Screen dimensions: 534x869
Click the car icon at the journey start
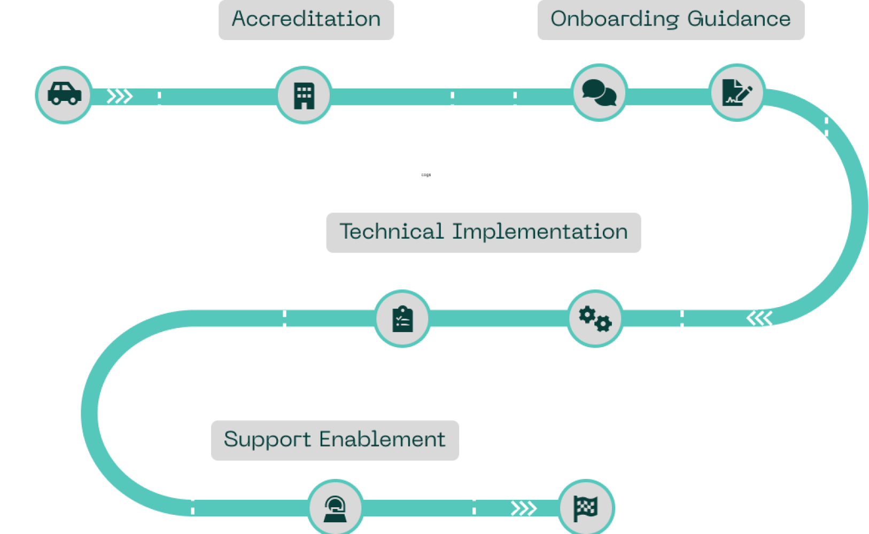(x=64, y=95)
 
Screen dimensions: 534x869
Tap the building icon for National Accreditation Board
(x=304, y=95)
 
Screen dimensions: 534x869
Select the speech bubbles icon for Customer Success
(x=599, y=93)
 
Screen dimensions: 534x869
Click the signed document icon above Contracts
(x=737, y=92)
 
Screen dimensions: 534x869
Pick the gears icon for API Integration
(x=595, y=318)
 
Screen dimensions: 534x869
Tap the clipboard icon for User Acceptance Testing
(x=402, y=319)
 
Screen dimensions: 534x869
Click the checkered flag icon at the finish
(x=586, y=507)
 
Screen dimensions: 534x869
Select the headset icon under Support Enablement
(x=336, y=507)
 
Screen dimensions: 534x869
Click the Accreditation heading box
(x=306, y=19)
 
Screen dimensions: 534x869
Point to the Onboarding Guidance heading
(x=671, y=19)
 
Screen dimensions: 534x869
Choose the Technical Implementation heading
(x=484, y=232)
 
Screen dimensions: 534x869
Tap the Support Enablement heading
(x=335, y=440)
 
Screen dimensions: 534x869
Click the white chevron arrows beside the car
(x=120, y=96)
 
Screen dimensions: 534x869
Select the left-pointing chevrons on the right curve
(x=759, y=318)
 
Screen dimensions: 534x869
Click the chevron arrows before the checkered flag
(x=524, y=508)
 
